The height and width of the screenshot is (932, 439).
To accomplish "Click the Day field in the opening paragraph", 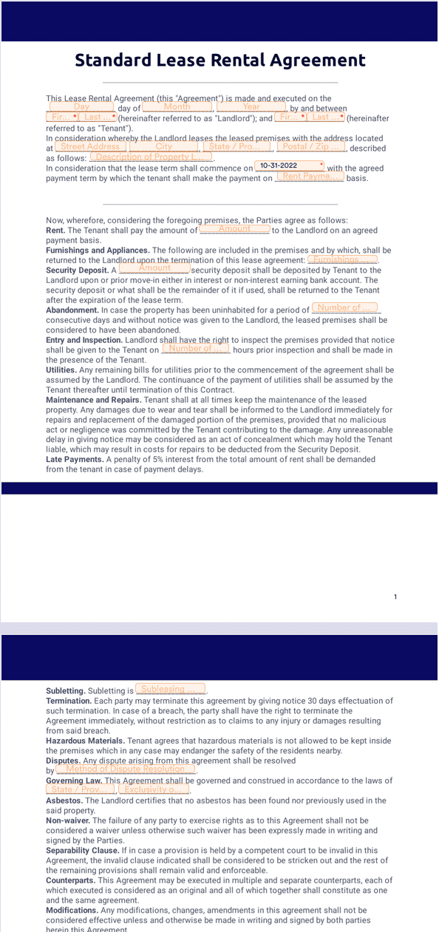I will pyautogui.click(x=81, y=107).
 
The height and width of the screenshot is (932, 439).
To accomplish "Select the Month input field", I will pyautogui.click(x=177, y=107).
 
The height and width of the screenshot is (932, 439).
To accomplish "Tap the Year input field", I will pyautogui.click(x=251, y=107).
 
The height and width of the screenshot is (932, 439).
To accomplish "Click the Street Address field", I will pyautogui.click(x=90, y=147).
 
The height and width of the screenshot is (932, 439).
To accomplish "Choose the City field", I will pyautogui.click(x=163, y=147).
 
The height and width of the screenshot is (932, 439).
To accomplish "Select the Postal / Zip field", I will pyautogui.click(x=310, y=147).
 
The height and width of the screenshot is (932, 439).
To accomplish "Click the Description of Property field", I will pyautogui.click(x=151, y=157).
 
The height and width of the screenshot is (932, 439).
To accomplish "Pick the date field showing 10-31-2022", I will pyautogui.click(x=289, y=166).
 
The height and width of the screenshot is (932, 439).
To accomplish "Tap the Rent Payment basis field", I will pyautogui.click(x=310, y=177).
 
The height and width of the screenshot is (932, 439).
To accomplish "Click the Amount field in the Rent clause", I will pyautogui.click(x=234, y=229).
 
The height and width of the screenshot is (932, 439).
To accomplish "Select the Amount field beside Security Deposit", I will pyautogui.click(x=154, y=269).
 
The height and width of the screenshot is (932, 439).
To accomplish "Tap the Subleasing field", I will pyautogui.click(x=170, y=690).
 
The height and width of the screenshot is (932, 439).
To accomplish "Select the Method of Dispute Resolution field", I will pyautogui.click(x=125, y=769).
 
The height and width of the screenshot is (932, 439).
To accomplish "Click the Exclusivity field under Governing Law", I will pyautogui.click(x=152, y=789).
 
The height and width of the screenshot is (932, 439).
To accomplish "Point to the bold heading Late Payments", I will pyautogui.click(x=75, y=460).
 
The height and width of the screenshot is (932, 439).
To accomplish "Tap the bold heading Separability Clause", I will pyautogui.click(x=82, y=851).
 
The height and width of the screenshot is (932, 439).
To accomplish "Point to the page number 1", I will pyautogui.click(x=395, y=596).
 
